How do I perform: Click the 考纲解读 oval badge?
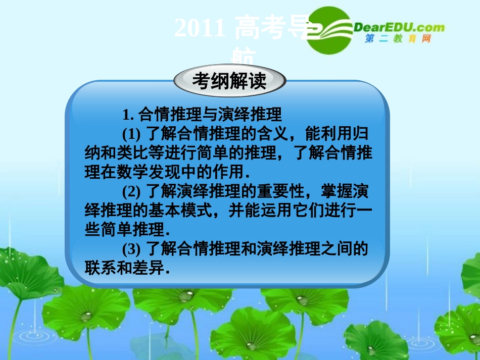(x=229, y=81)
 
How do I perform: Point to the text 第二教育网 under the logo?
(x=398, y=39)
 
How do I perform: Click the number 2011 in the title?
(x=200, y=29)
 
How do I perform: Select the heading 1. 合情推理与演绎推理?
(x=202, y=115)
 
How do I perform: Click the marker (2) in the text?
(x=132, y=191)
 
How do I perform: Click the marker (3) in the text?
(x=132, y=248)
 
